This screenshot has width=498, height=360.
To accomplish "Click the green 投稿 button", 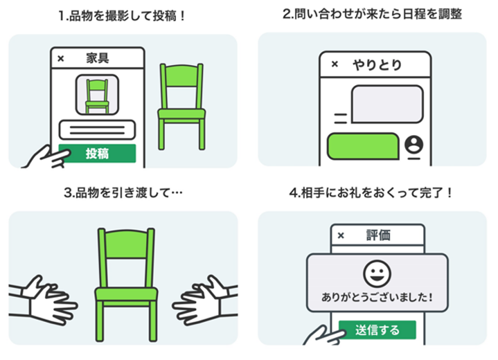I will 97,154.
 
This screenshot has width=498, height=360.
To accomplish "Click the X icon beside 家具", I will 60,58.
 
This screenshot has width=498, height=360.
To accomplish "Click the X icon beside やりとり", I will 335,64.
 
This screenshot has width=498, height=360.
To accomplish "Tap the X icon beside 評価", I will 340,235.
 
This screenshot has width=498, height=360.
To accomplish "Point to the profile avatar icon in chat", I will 414,145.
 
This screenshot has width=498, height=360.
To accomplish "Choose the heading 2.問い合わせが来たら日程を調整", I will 372,15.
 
